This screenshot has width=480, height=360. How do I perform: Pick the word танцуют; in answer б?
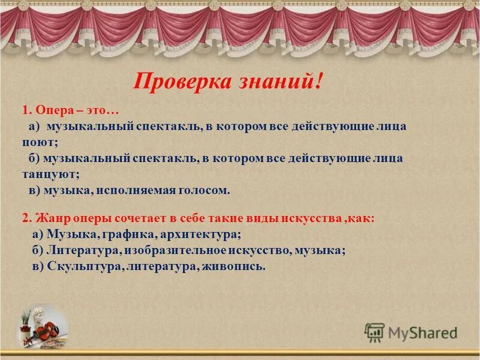click(x=49, y=174)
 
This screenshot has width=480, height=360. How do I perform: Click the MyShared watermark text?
click(x=422, y=332)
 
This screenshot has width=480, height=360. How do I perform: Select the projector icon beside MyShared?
click(x=374, y=332)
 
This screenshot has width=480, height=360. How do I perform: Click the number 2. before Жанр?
click(x=26, y=218)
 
